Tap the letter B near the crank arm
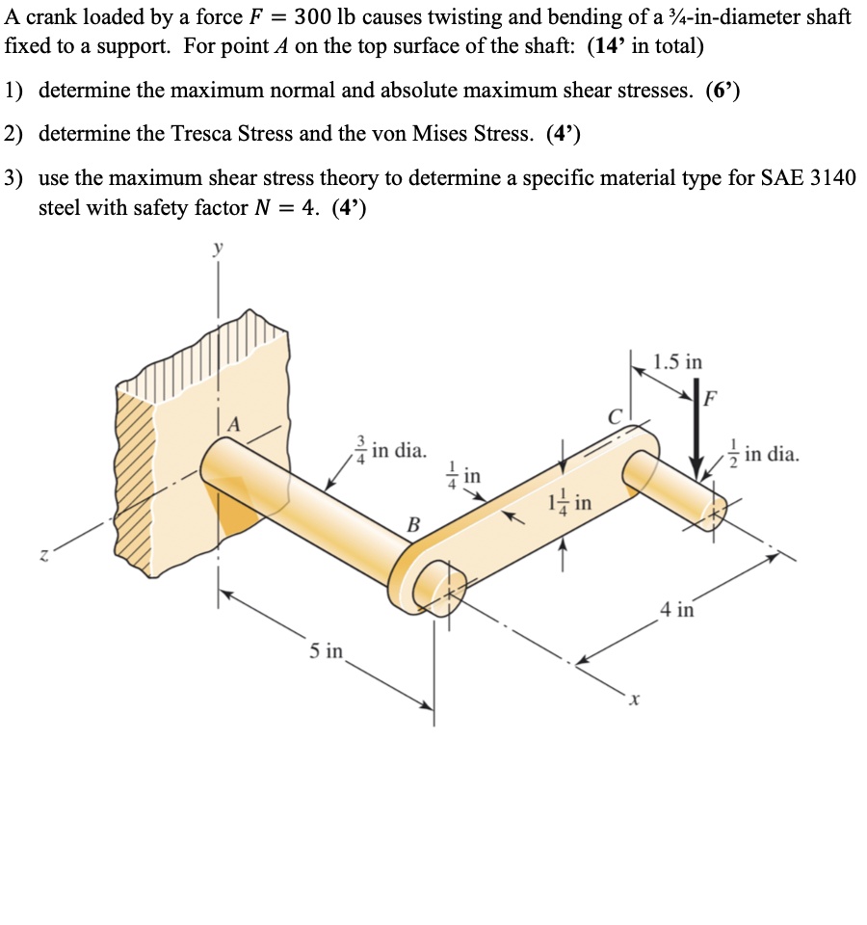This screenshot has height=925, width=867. [x=413, y=524]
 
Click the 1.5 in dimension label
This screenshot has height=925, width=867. [x=677, y=362]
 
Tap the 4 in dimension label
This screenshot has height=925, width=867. [x=677, y=609]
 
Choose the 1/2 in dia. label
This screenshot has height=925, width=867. [x=758, y=454]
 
